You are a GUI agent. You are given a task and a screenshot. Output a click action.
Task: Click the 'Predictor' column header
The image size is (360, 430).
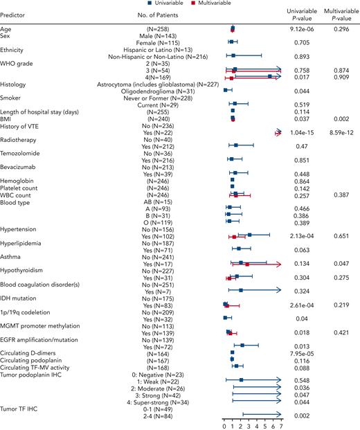pos(16,14)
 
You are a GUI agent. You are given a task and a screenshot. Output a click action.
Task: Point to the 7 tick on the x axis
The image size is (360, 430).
pos(281,425)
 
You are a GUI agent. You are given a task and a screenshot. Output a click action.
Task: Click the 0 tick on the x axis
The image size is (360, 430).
pos(224,425)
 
